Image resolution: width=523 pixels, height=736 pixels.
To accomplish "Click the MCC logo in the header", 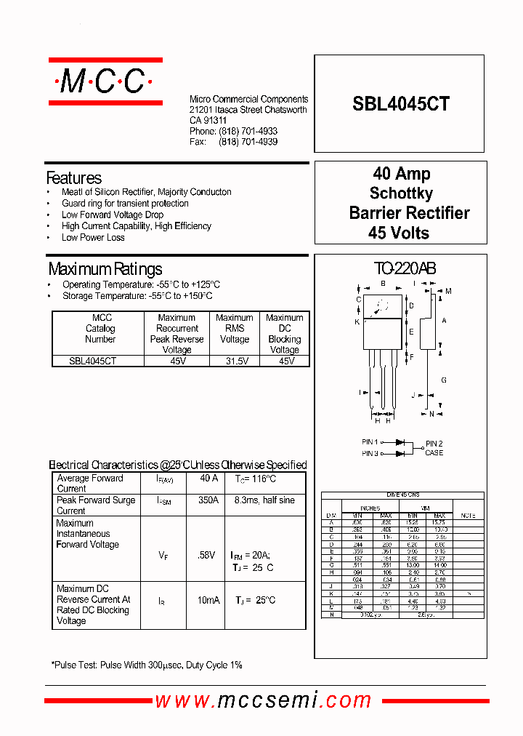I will [x=106, y=82].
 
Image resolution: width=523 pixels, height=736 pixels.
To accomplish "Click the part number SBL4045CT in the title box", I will [x=401, y=104].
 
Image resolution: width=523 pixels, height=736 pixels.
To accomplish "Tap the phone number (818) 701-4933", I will [x=248, y=132].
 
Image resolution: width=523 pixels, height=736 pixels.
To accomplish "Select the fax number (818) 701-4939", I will [x=248, y=142].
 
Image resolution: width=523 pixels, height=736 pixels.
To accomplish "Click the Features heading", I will [x=73, y=178].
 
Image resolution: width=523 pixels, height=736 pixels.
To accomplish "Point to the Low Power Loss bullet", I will [x=93, y=237].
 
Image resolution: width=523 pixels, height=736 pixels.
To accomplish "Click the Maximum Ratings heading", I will [x=105, y=269].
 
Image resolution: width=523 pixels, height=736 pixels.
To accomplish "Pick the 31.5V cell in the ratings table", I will [x=234, y=361].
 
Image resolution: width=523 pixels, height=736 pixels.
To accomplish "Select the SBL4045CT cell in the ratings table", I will [x=92, y=361].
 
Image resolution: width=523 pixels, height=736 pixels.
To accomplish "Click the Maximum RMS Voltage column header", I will [x=234, y=328].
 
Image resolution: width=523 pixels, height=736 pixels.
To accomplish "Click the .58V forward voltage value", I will [x=206, y=555].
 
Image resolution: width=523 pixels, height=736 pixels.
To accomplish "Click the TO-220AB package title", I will [x=405, y=268].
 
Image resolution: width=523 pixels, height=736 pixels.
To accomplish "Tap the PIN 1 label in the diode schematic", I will [x=369, y=442].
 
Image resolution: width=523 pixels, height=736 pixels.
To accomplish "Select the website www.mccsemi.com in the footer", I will [x=263, y=700].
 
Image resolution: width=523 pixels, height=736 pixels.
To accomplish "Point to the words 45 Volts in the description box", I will [x=399, y=233].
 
